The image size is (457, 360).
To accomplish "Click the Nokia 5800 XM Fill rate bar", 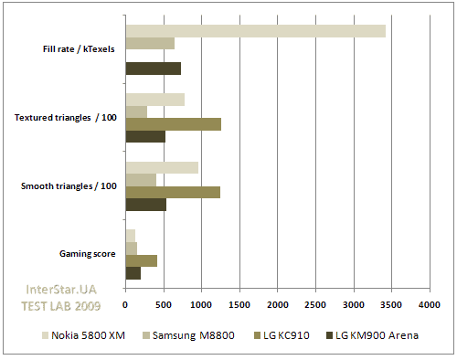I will tap(255, 31).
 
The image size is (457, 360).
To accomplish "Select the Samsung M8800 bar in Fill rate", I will tap(150, 43).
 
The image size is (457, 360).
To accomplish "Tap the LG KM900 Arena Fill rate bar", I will tap(153, 68).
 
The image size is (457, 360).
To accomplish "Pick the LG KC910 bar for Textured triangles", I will tap(173, 124).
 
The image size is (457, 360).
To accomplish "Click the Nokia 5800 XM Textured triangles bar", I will tap(154, 100).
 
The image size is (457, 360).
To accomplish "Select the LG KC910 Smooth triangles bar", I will tap(173, 192).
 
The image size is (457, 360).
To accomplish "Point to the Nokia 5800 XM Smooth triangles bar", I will tap(162, 167).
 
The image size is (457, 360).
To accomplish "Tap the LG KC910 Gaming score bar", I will tap(141, 260).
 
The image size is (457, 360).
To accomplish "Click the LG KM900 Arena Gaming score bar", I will tap(133, 272).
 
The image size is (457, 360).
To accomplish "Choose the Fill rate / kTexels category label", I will tap(79, 49).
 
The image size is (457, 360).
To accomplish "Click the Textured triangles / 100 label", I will tap(66, 118).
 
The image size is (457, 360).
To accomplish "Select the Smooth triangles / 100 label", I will tap(69, 185).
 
